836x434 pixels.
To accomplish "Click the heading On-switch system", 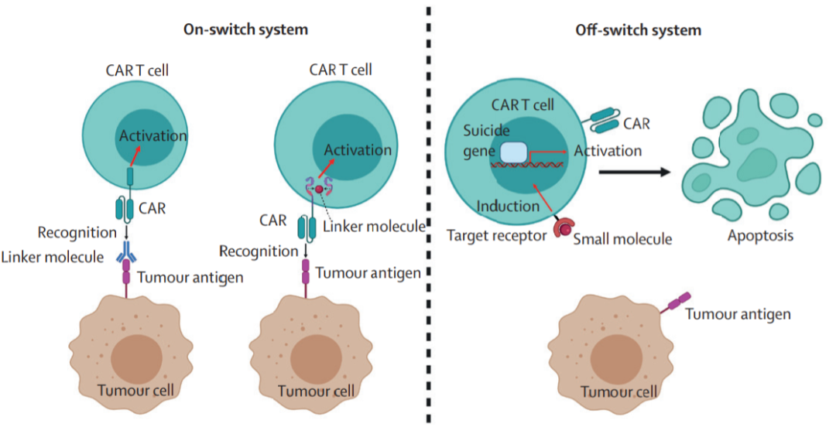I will pos(246,30).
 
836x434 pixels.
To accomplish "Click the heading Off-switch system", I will pos(639,31).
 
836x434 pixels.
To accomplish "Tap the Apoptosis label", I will pos(760,235).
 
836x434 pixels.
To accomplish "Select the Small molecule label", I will pos(622,240).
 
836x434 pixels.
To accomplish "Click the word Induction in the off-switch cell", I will pos(508,207).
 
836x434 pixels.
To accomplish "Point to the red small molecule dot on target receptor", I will pos(566,229).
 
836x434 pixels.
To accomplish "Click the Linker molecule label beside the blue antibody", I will pos(53,257).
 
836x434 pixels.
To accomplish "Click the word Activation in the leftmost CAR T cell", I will pos(152,136).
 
